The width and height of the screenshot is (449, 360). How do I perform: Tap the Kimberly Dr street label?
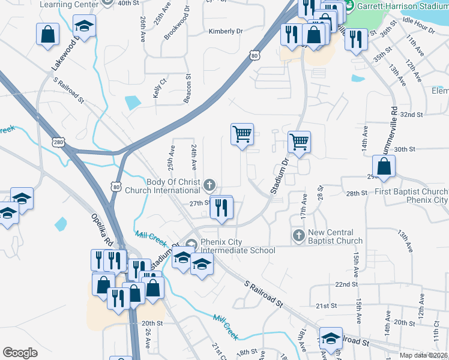[226, 31]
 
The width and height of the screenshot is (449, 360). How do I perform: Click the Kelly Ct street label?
[159, 88]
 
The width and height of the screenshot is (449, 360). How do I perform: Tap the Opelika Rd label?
[103, 229]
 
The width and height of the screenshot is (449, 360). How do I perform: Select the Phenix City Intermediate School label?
[238, 246]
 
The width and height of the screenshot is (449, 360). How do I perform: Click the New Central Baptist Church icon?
[299, 235]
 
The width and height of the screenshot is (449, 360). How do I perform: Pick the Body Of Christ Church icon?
[209, 184]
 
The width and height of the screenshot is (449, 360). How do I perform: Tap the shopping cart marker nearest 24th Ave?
[242, 134]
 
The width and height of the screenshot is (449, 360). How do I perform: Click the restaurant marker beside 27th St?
[221, 208]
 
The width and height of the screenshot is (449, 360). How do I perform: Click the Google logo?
[20, 353]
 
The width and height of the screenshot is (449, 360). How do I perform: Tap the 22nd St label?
[346, 284]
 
